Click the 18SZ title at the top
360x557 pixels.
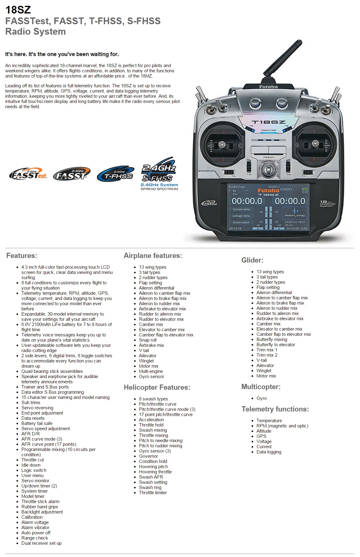(x=18, y=10)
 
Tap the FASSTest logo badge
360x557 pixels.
(x=28, y=175)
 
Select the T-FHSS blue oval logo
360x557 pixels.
(x=116, y=174)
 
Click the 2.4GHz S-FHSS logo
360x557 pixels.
(x=159, y=174)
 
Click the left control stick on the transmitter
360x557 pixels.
(x=221, y=143)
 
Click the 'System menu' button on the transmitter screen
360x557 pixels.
(x=241, y=209)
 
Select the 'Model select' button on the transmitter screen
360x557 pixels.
(x=241, y=222)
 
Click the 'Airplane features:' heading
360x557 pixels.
(x=153, y=256)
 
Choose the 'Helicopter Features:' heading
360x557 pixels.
(x=157, y=387)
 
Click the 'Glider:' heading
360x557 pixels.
(x=252, y=260)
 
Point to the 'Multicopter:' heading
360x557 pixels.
(x=261, y=387)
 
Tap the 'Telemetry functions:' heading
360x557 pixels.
(x=275, y=409)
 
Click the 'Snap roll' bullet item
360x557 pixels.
(x=148, y=340)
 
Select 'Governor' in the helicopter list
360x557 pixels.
(x=148, y=456)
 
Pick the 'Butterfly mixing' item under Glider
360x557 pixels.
(x=272, y=339)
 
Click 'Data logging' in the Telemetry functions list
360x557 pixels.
(x=269, y=452)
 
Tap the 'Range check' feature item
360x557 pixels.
(x=35, y=538)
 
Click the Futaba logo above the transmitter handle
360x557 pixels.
(x=268, y=87)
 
